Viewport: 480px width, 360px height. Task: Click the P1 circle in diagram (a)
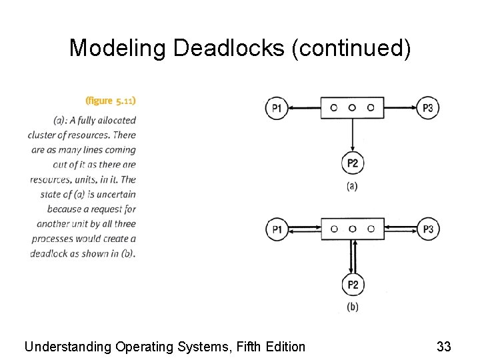coord(277,108)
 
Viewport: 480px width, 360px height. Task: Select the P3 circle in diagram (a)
coord(428,108)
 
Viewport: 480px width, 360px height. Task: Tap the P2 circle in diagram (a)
coord(353,163)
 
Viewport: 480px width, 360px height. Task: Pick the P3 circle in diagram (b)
coord(428,230)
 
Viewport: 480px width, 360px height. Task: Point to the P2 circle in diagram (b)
coord(353,285)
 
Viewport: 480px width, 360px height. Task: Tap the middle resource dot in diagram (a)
coord(352,107)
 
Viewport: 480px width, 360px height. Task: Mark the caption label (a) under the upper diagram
coord(352,187)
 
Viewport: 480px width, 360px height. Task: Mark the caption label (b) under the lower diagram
coord(352,307)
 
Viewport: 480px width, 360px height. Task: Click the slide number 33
coord(444,347)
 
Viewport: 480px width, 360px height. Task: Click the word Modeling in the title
coord(118,48)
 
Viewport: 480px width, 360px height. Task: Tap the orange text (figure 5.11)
coord(111,101)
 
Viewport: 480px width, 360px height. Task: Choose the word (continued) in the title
coord(351,48)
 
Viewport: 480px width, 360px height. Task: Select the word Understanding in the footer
coord(68,347)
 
